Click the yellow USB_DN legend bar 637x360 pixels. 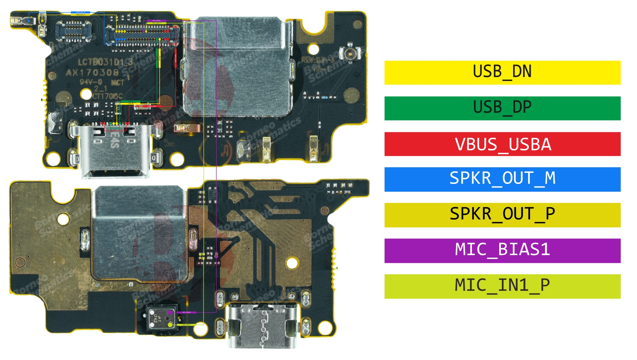click(502, 72)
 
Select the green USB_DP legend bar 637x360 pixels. click(502, 108)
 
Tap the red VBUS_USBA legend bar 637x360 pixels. click(502, 144)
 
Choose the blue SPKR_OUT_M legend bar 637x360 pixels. click(502, 179)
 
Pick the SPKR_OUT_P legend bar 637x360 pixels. click(502, 215)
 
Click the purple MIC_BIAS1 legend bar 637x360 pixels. click(502, 251)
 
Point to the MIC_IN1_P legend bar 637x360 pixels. click(502, 286)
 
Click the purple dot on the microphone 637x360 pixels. click(170, 313)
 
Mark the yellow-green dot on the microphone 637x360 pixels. click(170, 325)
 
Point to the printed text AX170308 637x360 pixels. click(92, 72)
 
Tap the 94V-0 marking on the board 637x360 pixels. click(91, 82)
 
